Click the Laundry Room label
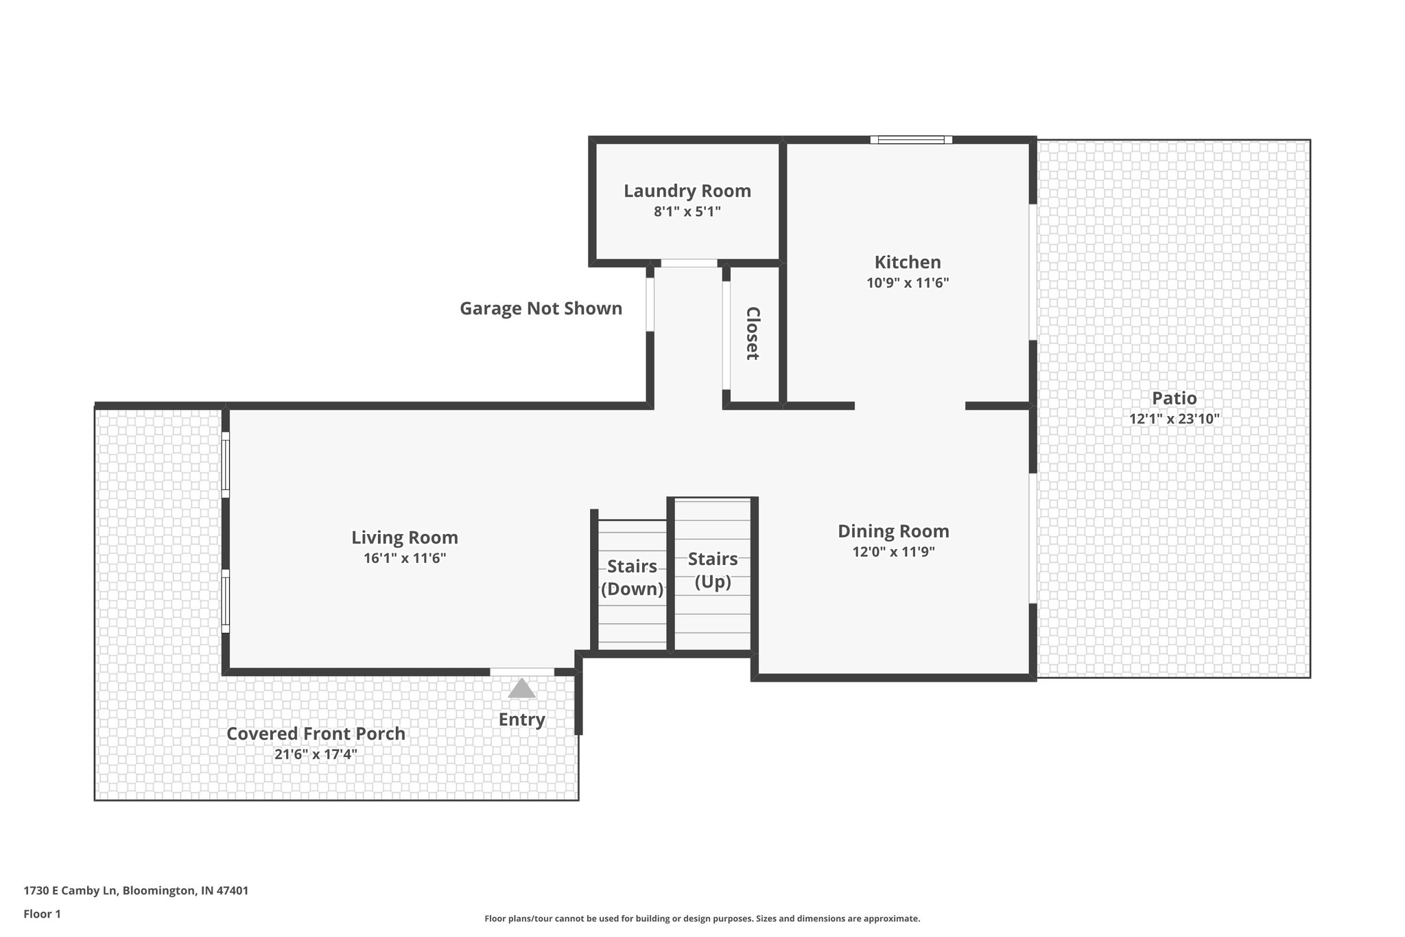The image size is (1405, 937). point(687,191)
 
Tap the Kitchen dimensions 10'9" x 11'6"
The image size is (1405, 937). point(907,283)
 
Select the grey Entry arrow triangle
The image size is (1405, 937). point(521,689)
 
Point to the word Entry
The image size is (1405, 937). point(521,719)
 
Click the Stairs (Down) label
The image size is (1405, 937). point(632,577)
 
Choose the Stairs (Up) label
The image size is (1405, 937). point(713,570)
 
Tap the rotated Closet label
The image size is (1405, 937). point(753,333)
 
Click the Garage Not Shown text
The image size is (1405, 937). point(541,309)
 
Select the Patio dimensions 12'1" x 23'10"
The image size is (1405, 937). point(1174,419)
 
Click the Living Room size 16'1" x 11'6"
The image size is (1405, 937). point(405,558)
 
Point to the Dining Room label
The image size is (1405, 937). point(893,531)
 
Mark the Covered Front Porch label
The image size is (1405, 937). point(316,734)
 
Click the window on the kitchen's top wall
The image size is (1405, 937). point(911,140)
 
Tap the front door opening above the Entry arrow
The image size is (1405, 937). point(521,672)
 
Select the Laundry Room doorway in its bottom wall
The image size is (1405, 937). point(688,263)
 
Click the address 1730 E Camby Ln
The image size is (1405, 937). point(136,891)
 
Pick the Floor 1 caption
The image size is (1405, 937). point(43,914)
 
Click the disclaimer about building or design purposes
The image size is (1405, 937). point(702,918)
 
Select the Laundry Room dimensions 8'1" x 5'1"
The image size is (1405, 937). point(687,211)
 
